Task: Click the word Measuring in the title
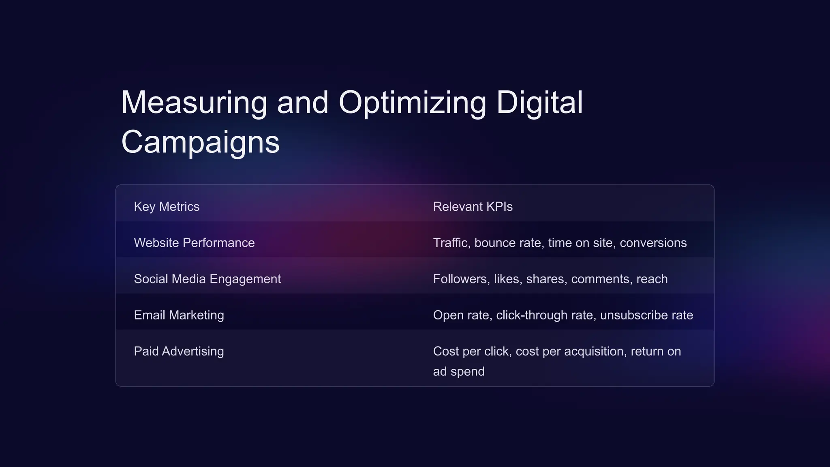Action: (x=194, y=103)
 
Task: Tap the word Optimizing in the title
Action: (x=412, y=103)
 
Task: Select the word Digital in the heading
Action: (x=539, y=103)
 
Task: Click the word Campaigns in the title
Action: (x=200, y=142)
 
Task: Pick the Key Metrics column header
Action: (x=167, y=207)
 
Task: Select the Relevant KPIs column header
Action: (x=473, y=207)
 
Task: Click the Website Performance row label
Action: (x=194, y=243)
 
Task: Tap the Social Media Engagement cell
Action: (x=207, y=279)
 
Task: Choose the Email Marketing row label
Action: (x=179, y=315)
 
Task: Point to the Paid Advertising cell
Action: (x=179, y=351)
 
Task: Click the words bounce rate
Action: (x=507, y=243)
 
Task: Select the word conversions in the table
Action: (x=653, y=243)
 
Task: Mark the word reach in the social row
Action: (x=652, y=279)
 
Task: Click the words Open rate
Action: (x=462, y=315)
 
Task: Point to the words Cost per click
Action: (x=472, y=351)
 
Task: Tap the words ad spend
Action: (x=458, y=371)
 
